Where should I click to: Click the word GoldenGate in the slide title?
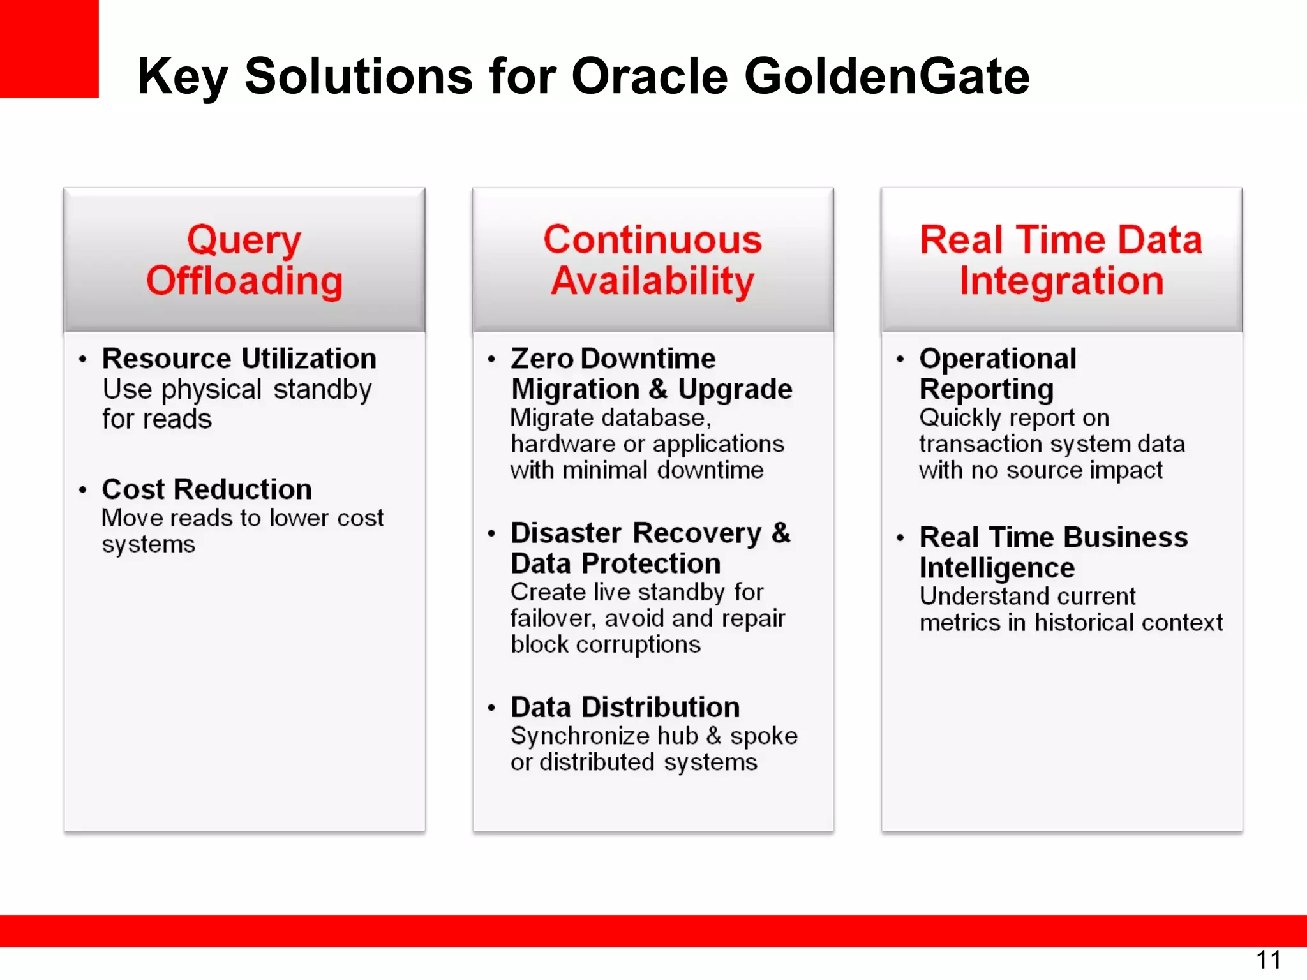point(886,76)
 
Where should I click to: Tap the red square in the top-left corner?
point(49,48)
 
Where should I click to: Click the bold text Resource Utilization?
point(239,359)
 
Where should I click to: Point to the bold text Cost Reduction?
point(207,489)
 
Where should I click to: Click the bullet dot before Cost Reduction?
point(82,490)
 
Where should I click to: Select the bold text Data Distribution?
point(625,707)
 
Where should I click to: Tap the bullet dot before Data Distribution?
point(491,708)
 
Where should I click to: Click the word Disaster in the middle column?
point(565,533)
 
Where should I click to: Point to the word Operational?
point(997,359)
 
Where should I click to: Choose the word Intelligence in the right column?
point(997,568)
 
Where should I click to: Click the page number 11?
point(1268,960)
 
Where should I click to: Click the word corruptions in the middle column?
point(638,644)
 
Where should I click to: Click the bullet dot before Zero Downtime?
point(491,359)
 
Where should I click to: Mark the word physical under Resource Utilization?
point(211,389)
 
